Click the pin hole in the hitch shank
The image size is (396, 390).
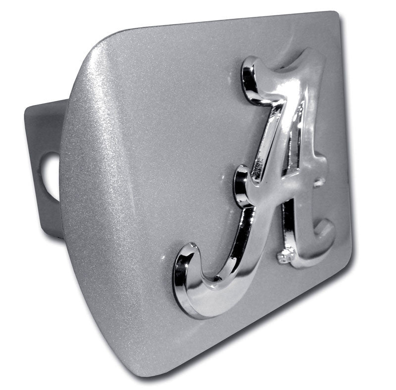tap(52, 177)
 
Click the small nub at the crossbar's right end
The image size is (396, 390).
tap(319, 182)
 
